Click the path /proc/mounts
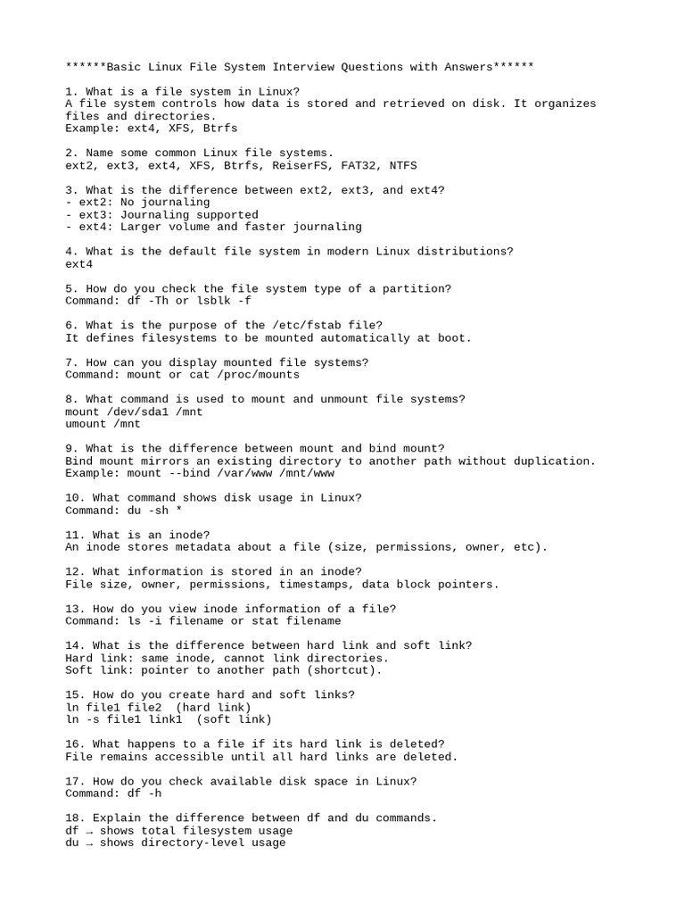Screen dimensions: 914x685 tap(247, 375)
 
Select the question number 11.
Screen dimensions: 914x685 tap(72, 535)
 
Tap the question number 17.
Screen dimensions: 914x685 tap(72, 781)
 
